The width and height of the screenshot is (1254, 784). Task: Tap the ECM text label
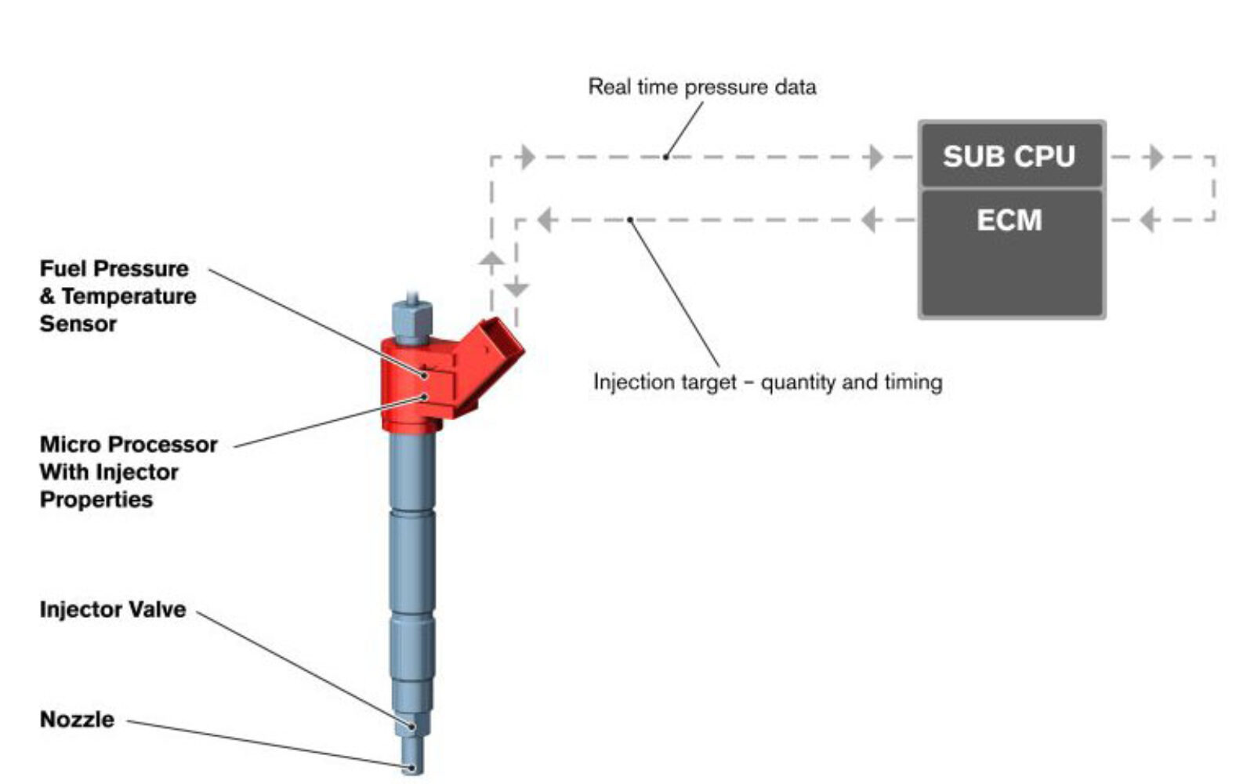tap(1009, 220)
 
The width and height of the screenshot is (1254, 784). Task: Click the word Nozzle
tap(77, 720)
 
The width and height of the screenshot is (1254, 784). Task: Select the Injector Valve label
tap(113, 610)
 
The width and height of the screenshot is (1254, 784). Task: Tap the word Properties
tap(96, 499)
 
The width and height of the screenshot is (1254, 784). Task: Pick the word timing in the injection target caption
tap(912, 382)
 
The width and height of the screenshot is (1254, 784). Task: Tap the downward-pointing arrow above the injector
tap(516, 289)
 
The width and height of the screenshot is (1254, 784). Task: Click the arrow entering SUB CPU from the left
tap(875, 157)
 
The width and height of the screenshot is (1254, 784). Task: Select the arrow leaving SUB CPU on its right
tap(1154, 157)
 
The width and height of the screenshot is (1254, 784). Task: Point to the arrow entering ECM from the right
tap(1148, 220)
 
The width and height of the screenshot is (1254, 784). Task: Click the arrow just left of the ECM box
tap(868, 220)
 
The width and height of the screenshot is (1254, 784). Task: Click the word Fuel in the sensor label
tap(60, 269)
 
